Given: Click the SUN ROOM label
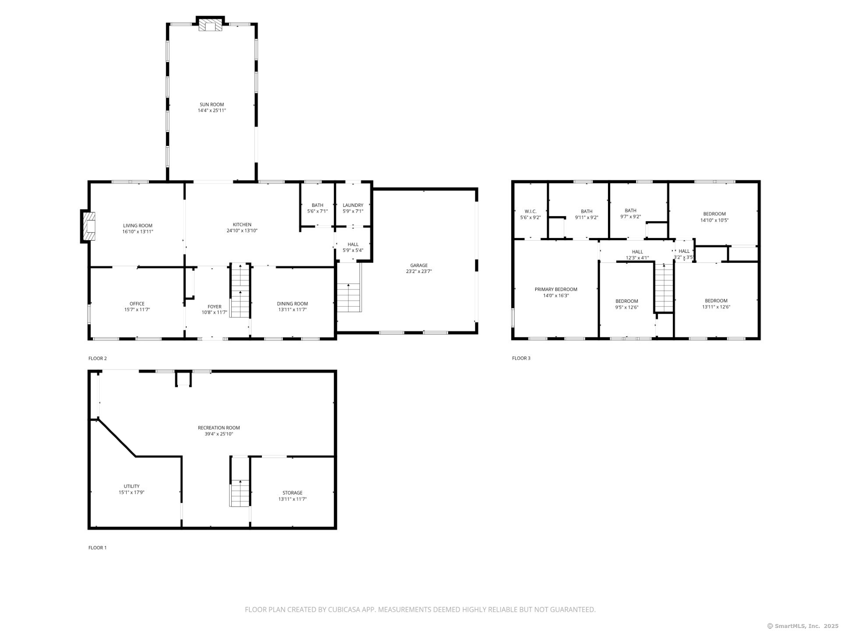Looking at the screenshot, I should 212,104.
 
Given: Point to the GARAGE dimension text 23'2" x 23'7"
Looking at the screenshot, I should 419,271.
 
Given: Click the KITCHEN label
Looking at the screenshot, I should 242,224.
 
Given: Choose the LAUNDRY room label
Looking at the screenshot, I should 353,205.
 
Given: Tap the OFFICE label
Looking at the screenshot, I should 137,304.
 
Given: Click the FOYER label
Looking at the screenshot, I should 214,307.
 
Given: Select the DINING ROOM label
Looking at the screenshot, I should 292,304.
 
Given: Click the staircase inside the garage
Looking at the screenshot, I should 349,298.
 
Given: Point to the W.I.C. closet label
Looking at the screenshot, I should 530,211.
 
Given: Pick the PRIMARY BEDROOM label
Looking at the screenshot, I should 556,289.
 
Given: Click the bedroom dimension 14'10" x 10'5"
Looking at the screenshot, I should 714,220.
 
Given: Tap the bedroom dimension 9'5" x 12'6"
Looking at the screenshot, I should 626,307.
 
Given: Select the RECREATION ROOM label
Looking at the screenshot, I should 219,428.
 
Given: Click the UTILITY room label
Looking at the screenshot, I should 131,486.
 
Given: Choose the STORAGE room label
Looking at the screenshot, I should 292,493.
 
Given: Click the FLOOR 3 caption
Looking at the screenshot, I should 521,358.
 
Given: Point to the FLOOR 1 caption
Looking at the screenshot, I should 97,547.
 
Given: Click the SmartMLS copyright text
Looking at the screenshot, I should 802,626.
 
